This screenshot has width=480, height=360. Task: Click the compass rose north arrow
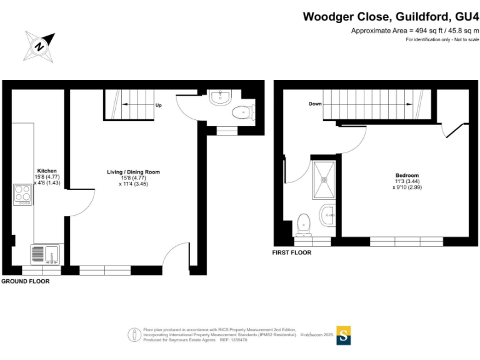pos(41,46)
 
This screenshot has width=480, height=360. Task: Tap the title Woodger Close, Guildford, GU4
pos(391,17)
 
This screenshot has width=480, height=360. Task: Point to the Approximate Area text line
pos(415,31)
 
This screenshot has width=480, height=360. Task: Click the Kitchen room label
pos(47,171)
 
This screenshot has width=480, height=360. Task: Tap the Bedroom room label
pos(407,175)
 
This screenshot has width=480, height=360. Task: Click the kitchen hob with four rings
pos(23,194)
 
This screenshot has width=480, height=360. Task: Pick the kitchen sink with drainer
pos(45,254)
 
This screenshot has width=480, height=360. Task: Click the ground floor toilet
pos(241,113)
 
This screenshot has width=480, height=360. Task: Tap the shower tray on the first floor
pos(324,179)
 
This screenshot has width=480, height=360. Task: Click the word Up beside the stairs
pos(159,106)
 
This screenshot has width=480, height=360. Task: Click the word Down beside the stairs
pos(315,104)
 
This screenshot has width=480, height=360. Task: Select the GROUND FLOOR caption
pos(25,282)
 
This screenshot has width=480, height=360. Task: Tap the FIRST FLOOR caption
pos(291,253)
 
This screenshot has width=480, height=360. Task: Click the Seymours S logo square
pos(344,335)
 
